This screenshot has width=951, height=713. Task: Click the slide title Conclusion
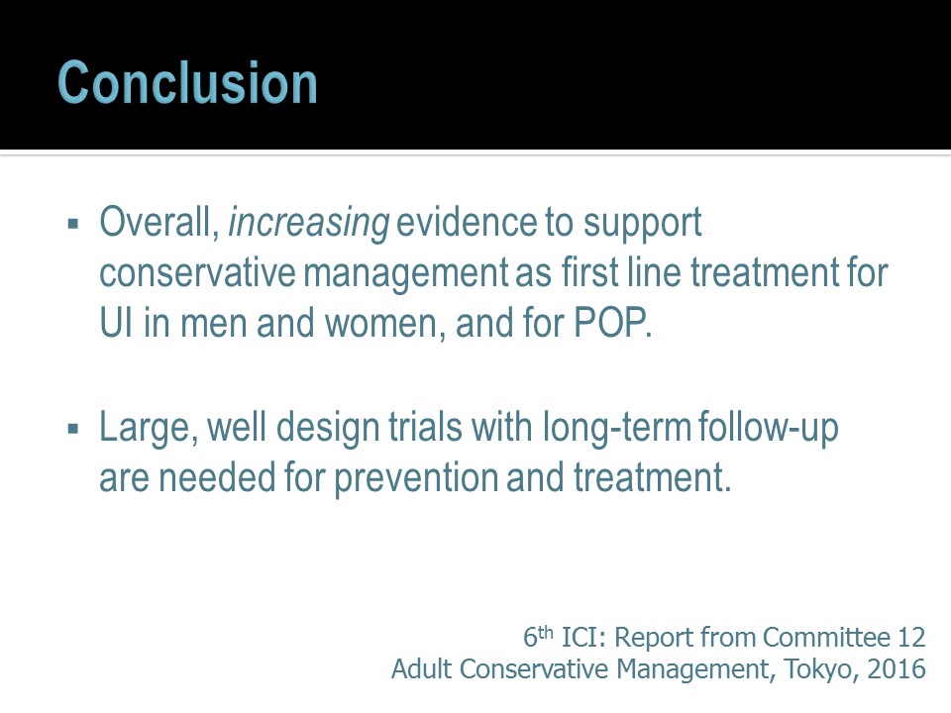pos(187,82)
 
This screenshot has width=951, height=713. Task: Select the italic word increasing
pos(309,223)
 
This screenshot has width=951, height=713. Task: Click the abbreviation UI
pos(116,323)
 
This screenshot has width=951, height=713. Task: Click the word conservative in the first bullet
pos(197,273)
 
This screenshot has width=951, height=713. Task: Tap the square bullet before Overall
pos(74,225)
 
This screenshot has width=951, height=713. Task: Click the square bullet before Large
pos(74,429)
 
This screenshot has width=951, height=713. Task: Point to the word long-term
pos(617,429)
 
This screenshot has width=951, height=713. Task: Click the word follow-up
pos(769,429)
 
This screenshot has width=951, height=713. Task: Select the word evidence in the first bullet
pos(467,222)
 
